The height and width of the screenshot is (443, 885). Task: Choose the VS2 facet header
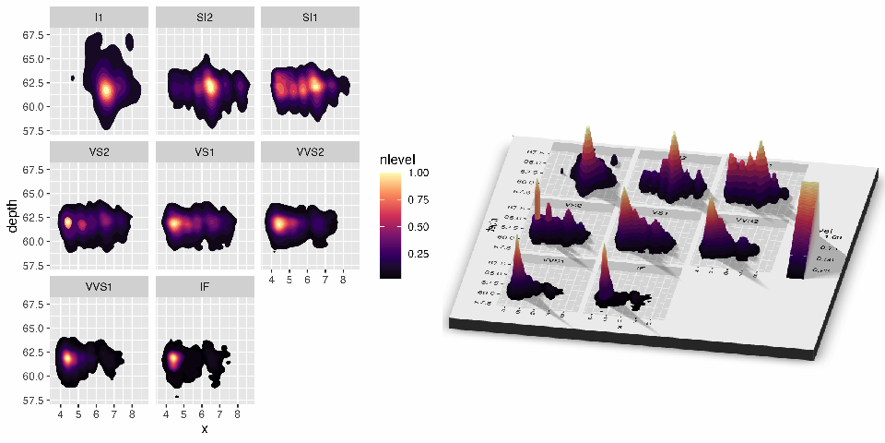98,150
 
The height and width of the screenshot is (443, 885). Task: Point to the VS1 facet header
203,150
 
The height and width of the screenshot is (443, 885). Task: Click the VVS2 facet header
308,150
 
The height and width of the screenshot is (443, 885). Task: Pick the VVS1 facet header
98,285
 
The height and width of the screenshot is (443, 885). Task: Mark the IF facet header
203,285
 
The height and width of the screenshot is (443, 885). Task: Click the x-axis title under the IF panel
204,429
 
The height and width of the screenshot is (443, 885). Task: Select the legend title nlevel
398,161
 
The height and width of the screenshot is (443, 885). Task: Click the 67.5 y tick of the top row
35,35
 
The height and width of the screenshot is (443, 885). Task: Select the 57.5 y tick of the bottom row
35,400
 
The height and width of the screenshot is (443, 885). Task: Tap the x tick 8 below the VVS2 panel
342,278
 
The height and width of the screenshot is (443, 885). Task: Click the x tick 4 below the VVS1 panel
61,413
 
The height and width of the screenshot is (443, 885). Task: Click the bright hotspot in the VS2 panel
67,222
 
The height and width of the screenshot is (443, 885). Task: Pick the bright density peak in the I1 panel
106,90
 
